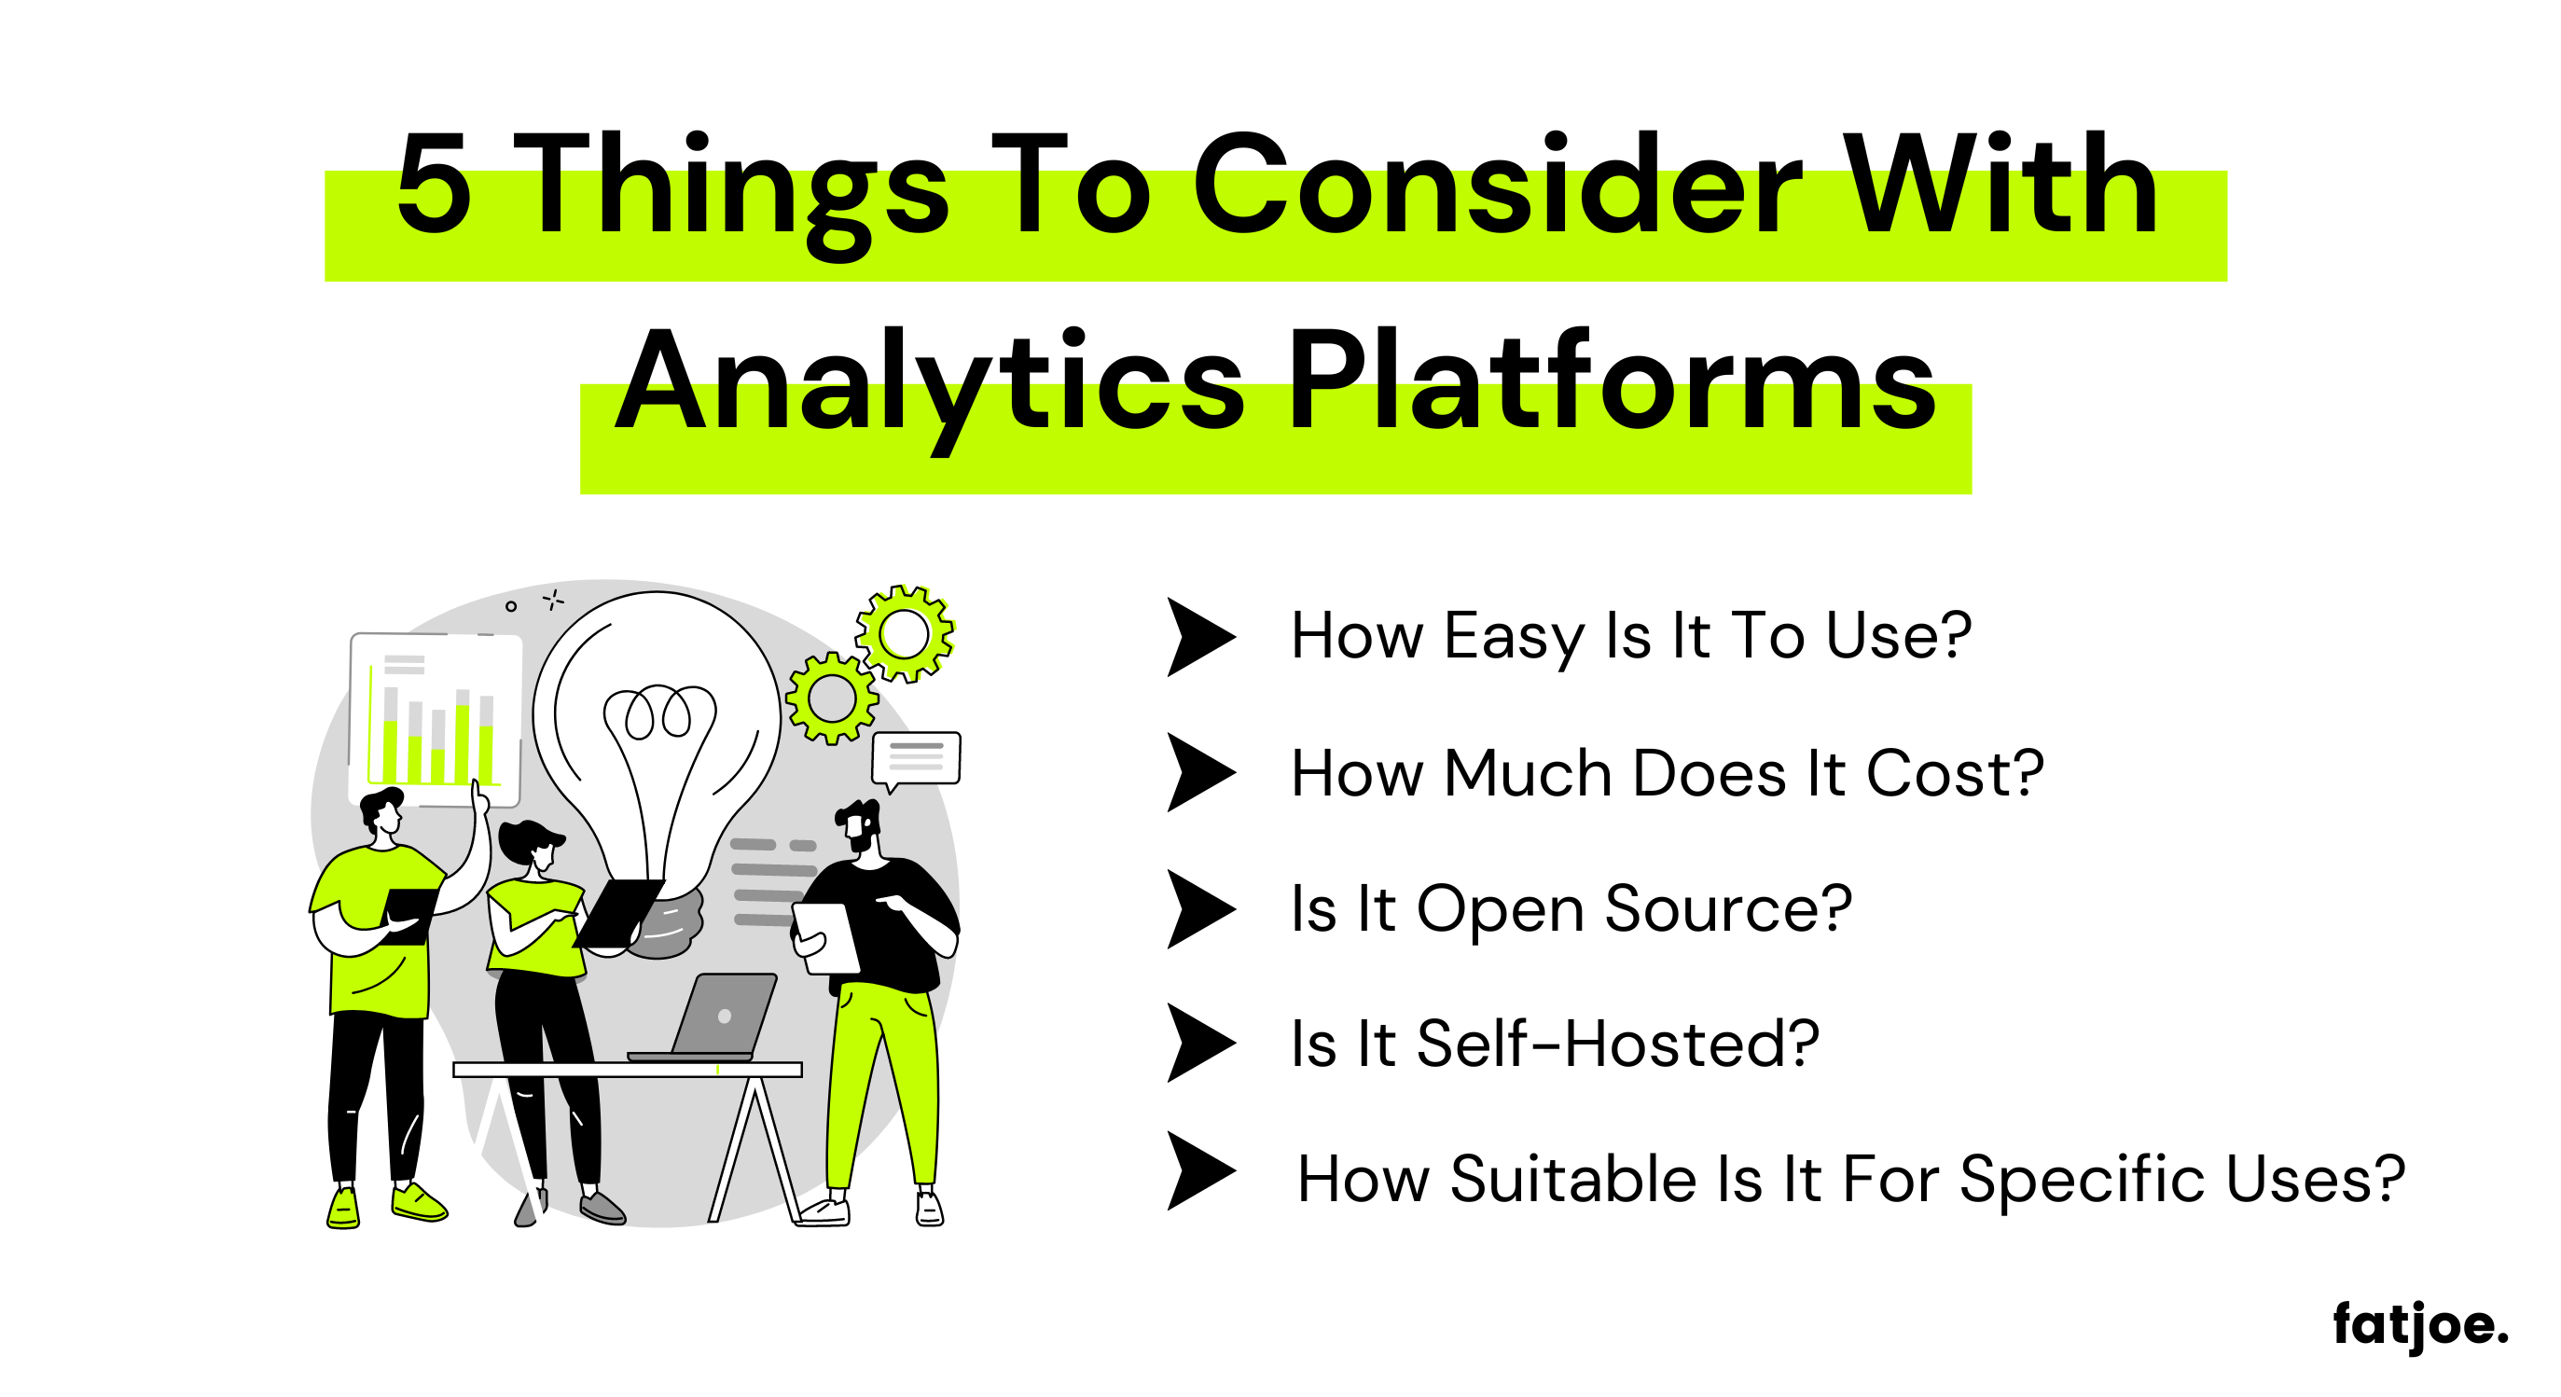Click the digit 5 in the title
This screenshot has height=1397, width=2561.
(x=434, y=185)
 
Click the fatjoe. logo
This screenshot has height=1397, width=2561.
(x=2421, y=1325)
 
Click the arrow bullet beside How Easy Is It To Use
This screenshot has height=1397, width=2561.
(x=1201, y=637)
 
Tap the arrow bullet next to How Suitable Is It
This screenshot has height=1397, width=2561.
(x=1201, y=1171)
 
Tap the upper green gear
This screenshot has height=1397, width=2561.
(x=905, y=633)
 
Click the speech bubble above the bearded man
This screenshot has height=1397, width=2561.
(x=916, y=761)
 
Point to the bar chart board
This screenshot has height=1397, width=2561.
(x=436, y=719)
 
